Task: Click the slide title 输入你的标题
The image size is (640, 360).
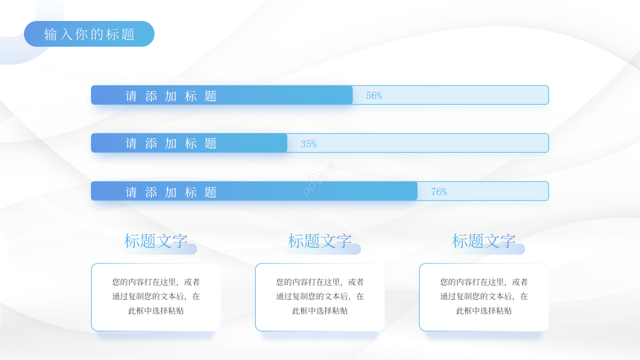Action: click(x=89, y=34)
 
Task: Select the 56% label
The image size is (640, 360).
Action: click(x=374, y=95)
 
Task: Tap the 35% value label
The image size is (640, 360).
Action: click(x=308, y=144)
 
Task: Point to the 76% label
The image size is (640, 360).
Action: click(x=439, y=191)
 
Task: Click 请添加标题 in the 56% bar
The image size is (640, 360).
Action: click(x=171, y=96)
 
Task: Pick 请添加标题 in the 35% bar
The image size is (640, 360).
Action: click(x=171, y=143)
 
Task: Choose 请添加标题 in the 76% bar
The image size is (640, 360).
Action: click(x=171, y=192)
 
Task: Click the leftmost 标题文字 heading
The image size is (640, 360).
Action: click(x=156, y=241)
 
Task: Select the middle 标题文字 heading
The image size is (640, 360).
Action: click(x=320, y=241)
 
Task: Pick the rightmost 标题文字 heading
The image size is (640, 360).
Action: click(x=484, y=241)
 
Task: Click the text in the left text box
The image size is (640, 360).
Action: click(x=156, y=296)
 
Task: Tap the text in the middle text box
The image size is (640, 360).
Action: click(x=320, y=296)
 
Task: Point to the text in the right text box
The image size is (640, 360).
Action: click(x=484, y=296)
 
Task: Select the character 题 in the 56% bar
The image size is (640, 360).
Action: click(x=210, y=96)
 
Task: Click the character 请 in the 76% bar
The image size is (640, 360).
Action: click(x=131, y=192)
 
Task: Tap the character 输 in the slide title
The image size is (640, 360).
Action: click(x=50, y=34)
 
